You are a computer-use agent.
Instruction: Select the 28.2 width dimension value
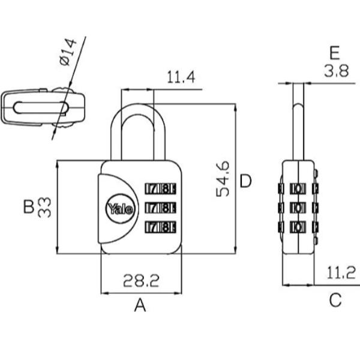point(141,281)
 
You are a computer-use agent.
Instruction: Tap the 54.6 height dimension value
point(223,179)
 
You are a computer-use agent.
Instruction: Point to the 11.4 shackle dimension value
point(181,77)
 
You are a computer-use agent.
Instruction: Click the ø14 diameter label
point(68,52)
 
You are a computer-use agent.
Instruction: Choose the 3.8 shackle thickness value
point(336,71)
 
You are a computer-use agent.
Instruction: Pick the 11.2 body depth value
point(341,272)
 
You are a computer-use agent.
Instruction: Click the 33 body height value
point(44,208)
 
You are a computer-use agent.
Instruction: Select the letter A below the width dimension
point(140,305)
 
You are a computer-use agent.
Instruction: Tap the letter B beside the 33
point(29,206)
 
